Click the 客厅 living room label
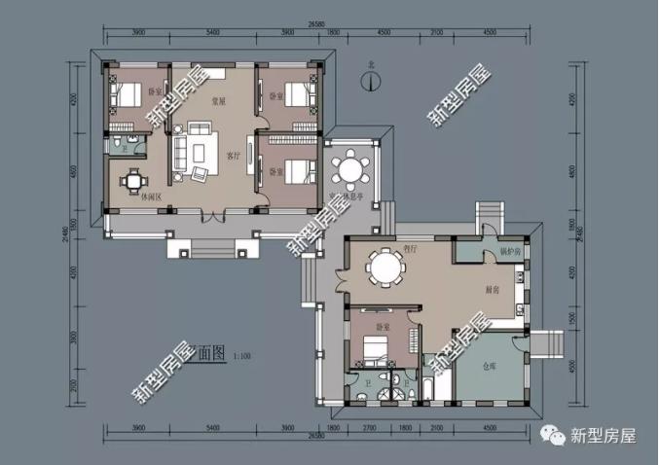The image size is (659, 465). (233, 155)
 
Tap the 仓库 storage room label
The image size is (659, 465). (491, 367)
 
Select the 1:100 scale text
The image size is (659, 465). (242, 357)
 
